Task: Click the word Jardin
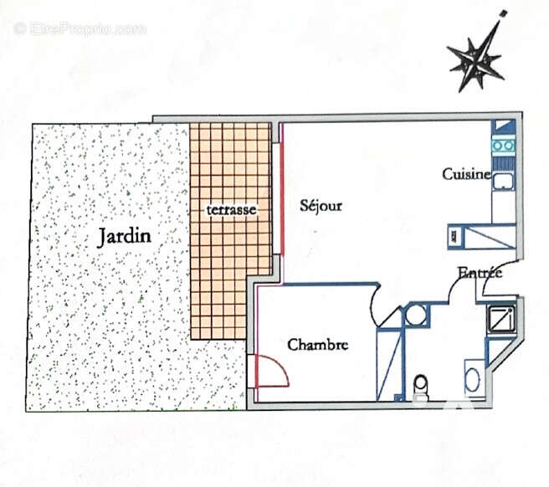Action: point(124,236)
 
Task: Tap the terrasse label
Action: point(231,210)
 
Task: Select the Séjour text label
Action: point(321,206)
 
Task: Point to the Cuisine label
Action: point(466,174)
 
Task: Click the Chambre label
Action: point(317,345)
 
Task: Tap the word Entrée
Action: point(480,273)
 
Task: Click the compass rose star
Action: point(477,63)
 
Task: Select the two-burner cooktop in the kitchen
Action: point(504,145)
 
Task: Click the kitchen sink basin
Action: point(503,182)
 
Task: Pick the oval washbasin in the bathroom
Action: point(472,380)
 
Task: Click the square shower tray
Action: point(501,320)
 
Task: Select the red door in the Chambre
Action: point(272,371)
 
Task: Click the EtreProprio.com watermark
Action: point(80,28)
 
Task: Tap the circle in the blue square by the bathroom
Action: point(416,315)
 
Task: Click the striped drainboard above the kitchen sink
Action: point(503,162)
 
